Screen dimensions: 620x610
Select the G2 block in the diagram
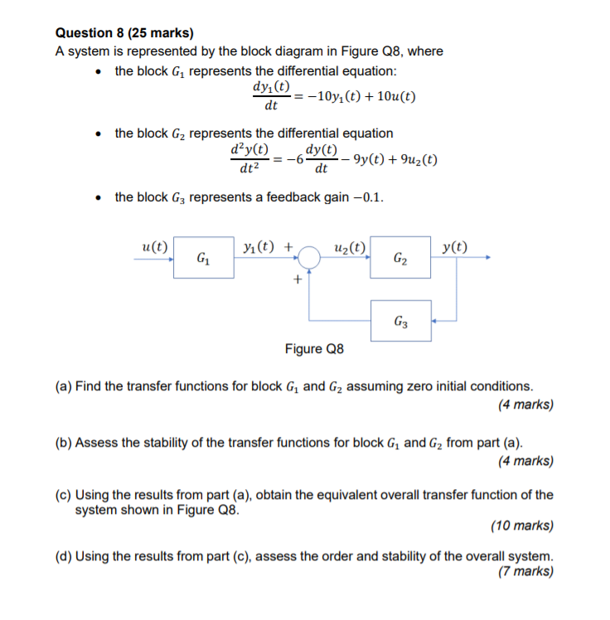(401, 259)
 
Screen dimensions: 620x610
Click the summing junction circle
(309, 259)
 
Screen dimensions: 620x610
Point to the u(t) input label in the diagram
(156, 246)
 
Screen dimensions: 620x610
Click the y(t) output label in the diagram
(454, 246)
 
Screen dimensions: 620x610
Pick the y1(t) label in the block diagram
(261, 246)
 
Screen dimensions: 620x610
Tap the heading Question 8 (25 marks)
(123, 33)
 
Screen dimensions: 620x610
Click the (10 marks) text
(522, 526)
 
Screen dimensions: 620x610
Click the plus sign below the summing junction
(297, 280)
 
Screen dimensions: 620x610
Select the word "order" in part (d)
(351, 556)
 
